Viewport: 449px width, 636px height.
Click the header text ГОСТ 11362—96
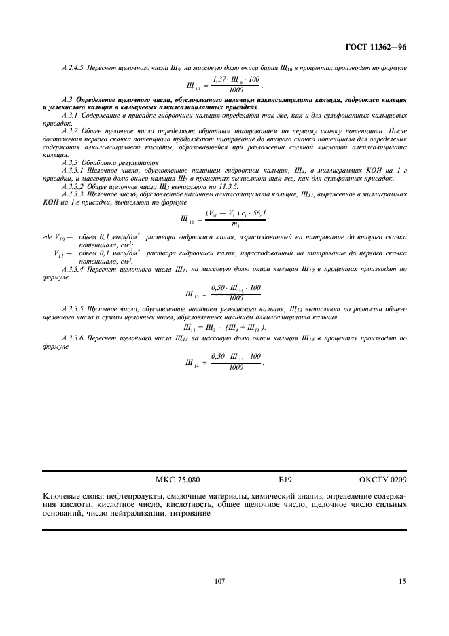coord(375,48)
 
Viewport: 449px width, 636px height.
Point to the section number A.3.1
coord(71,116)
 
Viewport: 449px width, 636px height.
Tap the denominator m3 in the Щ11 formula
coord(235,225)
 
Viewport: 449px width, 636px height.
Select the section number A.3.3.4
coord(75,270)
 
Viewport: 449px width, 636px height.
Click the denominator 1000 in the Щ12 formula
coord(236,298)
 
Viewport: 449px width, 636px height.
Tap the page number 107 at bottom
coord(219,582)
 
